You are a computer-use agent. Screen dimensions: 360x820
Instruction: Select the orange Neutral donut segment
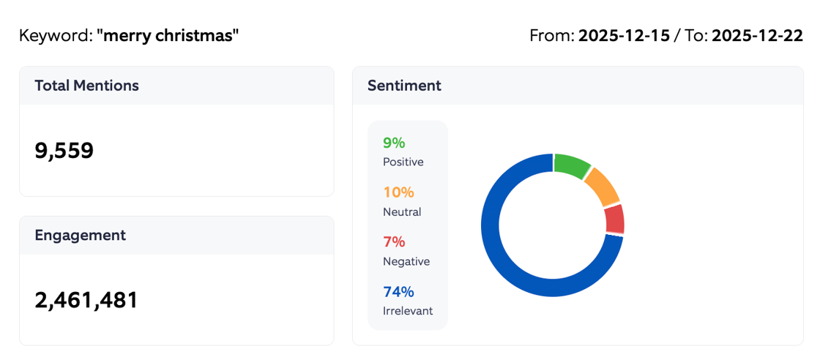pyautogui.click(x=602, y=187)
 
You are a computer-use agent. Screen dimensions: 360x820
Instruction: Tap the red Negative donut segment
pyautogui.click(x=614, y=219)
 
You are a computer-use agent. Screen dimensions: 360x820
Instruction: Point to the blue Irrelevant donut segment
pyautogui.click(x=512, y=256)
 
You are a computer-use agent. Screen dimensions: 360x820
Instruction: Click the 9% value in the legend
pyautogui.click(x=394, y=143)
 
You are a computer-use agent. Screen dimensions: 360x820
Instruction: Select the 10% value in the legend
pyautogui.click(x=398, y=192)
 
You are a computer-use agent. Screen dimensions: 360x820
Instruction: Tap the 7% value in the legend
pyautogui.click(x=394, y=242)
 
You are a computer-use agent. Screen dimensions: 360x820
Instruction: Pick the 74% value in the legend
pyautogui.click(x=398, y=292)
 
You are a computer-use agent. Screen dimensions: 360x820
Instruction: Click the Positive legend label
pyautogui.click(x=403, y=162)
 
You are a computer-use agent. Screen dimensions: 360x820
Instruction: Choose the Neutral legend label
pyautogui.click(x=402, y=211)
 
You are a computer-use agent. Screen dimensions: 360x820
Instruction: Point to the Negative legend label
pyautogui.click(x=406, y=261)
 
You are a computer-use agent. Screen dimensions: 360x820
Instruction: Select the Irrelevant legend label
pyautogui.click(x=408, y=311)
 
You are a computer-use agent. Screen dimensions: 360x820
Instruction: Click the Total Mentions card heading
pyautogui.click(x=86, y=86)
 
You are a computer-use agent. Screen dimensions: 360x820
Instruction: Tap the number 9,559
pyautogui.click(x=64, y=151)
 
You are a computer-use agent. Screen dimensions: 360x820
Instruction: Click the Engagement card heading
pyautogui.click(x=80, y=235)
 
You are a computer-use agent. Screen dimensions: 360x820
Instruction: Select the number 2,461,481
pyautogui.click(x=86, y=300)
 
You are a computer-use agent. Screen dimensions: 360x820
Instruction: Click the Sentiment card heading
pyautogui.click(x=404, y=86)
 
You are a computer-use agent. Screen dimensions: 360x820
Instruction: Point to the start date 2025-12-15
pyautogui.click(x=624, y=35)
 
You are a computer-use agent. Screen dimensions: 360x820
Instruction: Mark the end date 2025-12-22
pyautogui.click(x=757, y=35)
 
